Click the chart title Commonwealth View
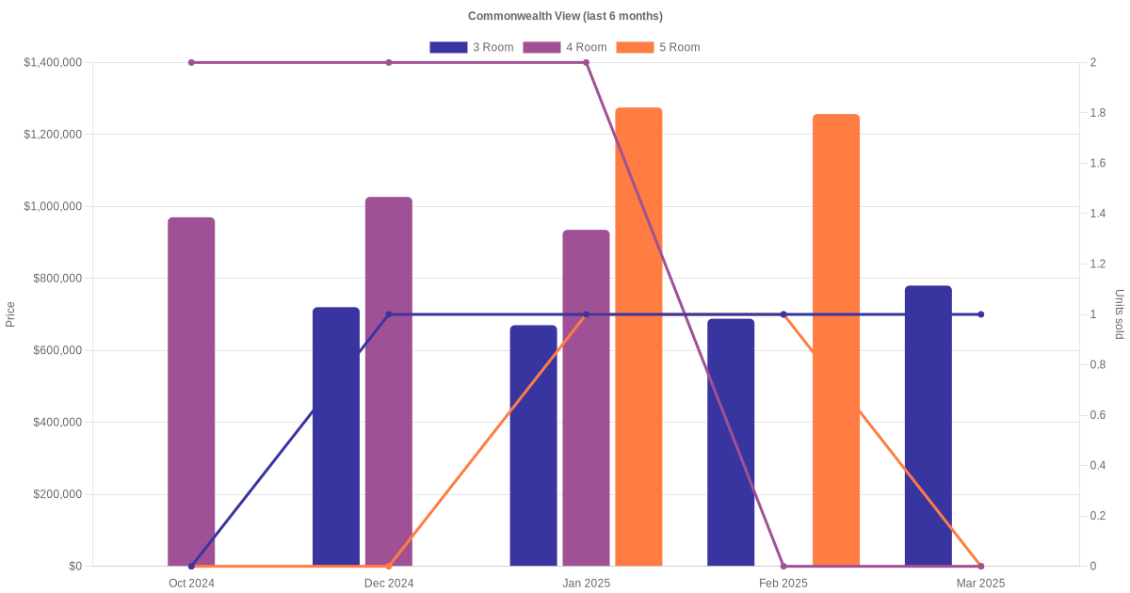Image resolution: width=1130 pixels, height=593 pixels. (565, 16)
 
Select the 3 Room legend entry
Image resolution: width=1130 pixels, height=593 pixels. (471, 47)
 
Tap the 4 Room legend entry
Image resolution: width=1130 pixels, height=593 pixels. (564, 47)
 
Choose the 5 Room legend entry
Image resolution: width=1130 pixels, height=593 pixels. (657, 47)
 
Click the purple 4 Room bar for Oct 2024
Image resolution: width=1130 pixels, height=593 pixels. (191, 392)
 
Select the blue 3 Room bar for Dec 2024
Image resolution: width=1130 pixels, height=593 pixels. (336, 437)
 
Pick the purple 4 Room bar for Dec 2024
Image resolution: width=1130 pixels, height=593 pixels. (389, 381)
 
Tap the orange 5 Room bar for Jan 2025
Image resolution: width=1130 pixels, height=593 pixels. (638, 337)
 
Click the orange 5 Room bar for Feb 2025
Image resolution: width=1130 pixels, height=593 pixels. (836, 340)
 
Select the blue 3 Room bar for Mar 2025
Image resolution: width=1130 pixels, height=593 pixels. (928, 425)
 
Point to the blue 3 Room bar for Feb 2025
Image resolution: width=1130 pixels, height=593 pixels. (731, 442)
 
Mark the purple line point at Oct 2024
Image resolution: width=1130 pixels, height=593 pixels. (191, 63)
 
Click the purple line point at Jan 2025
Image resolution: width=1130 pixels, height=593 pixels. (586, 63)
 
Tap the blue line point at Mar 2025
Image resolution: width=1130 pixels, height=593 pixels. (980, 314)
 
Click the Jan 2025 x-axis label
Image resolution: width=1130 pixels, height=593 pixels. (586, 584)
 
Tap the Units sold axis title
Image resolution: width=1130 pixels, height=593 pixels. (1120, 314)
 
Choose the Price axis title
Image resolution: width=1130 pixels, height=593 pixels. (10, 314)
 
